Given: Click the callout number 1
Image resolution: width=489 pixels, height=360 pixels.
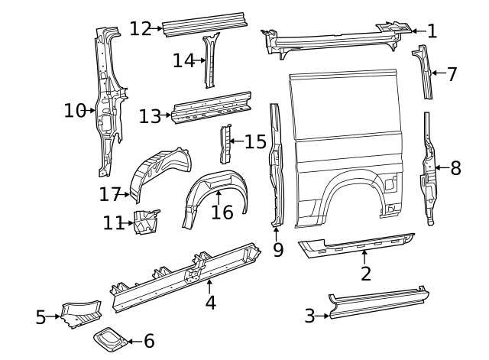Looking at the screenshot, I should (x=432, y=31).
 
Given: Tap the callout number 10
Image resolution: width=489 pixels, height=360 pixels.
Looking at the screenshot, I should (x=74, y=111).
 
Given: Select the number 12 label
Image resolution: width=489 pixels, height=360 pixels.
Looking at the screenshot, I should (x=141, y=29).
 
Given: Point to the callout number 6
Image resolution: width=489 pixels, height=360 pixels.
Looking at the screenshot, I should (x=148, y=341).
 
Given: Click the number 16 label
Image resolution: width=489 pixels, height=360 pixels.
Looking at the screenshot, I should (x=222, y=212).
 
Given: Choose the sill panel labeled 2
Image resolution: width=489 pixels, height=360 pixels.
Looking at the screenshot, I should (x=358, y=244).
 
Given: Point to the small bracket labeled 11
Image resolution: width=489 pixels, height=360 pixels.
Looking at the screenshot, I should (x=146, y=220).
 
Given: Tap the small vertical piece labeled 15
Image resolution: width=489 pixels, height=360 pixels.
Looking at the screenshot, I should (x=225, y=143).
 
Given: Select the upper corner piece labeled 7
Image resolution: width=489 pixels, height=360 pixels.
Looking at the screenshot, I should (x=423, y=71).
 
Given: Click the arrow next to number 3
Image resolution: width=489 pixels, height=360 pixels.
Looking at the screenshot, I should (x=322, y=314).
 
